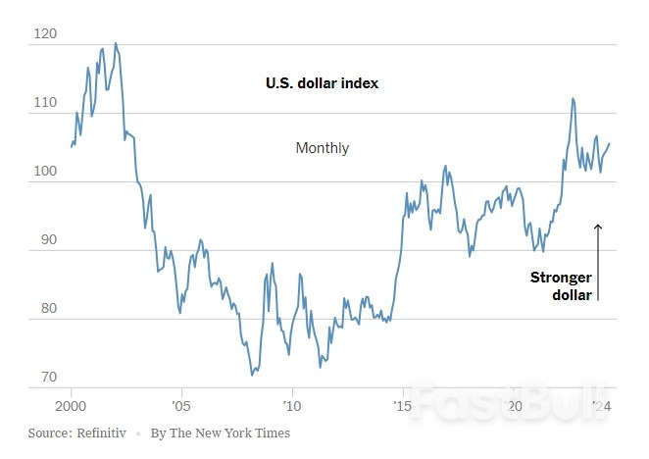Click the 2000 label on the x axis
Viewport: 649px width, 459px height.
pos(72,405)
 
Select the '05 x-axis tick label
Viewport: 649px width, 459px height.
pos(181,405)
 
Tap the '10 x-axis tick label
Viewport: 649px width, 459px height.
pos(291,405)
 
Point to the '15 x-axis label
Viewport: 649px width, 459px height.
pos(402,405)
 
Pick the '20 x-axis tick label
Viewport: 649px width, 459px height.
pos(512,405)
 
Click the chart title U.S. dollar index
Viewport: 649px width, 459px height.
pos(322,83)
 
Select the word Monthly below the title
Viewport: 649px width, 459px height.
pos(322,148)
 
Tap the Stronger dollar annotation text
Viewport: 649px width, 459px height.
pos(561,285)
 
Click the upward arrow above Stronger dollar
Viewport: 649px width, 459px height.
pos(597,260)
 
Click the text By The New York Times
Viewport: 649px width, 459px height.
pos(221,433)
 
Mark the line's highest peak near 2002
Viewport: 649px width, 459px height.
pos(116,43)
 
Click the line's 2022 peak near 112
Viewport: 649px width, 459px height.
pos(573,98)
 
